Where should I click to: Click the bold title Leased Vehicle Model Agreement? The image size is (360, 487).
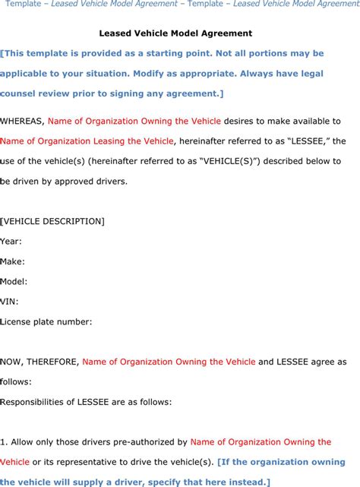pyautogui.click(x=175, y=33)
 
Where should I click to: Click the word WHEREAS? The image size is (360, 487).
pyautogui.click(x=21, y=121)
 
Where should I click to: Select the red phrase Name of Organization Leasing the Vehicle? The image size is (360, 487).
pyautogui.click(x=87, y=141)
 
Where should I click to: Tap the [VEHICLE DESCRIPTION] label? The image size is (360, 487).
pyautogui.click(x=52, y=221)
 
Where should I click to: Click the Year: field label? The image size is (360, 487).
pyautogui.click(x=11, y=241)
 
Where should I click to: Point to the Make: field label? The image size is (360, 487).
pyautogui.click(x=13, y=261)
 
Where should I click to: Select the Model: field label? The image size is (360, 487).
pyautogui.click(x=14, y=281)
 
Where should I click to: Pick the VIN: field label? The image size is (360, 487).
pyautogui.click(x=10, y=301)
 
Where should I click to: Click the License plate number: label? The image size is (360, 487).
pyautogui.click(x=46, y=321)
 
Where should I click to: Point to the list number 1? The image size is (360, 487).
pyautogui.click(x=4, y=441)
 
